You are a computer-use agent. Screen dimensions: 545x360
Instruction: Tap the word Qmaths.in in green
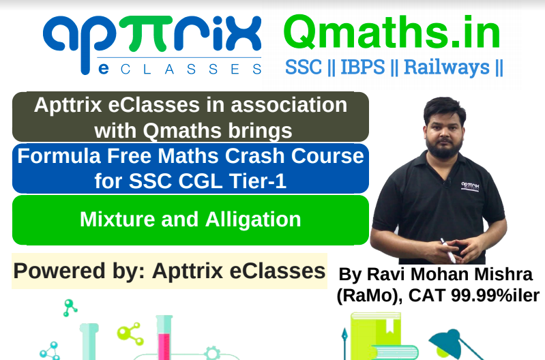click(392, 33)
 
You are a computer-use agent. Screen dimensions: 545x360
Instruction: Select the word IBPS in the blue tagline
click(363, 67)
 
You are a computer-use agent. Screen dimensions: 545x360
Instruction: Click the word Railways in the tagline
click(447, 67)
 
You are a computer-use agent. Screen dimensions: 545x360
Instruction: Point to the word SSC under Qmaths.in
click(304, 67)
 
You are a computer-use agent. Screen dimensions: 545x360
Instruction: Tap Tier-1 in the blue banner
click(258, 181)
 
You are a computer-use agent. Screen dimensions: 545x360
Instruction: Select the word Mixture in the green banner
click(117, 220)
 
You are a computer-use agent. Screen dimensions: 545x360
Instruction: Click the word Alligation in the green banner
click(253, 220)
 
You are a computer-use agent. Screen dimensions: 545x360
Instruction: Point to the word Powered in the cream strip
click(59, 271)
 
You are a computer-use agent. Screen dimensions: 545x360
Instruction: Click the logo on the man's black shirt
click(470, 186)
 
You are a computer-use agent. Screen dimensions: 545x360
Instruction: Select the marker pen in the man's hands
click(448, 250)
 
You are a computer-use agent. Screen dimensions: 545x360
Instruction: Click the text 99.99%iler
click(495, 296)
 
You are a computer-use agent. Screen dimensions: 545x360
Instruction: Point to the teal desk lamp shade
click(447, 344)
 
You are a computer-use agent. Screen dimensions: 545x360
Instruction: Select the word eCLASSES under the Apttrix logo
click(179, 69)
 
